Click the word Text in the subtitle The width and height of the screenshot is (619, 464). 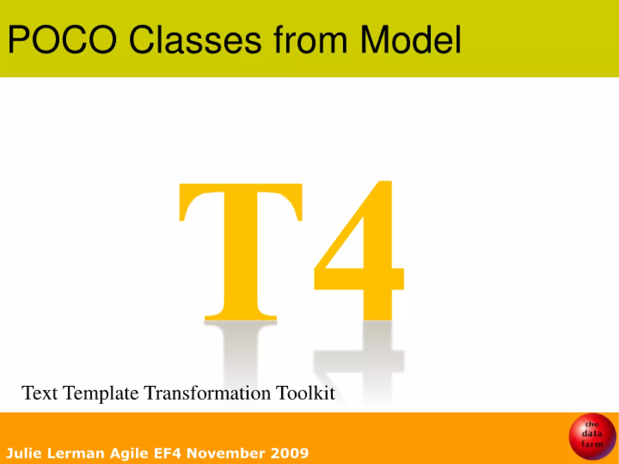(40, 393)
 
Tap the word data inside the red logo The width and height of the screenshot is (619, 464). (592, 434)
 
